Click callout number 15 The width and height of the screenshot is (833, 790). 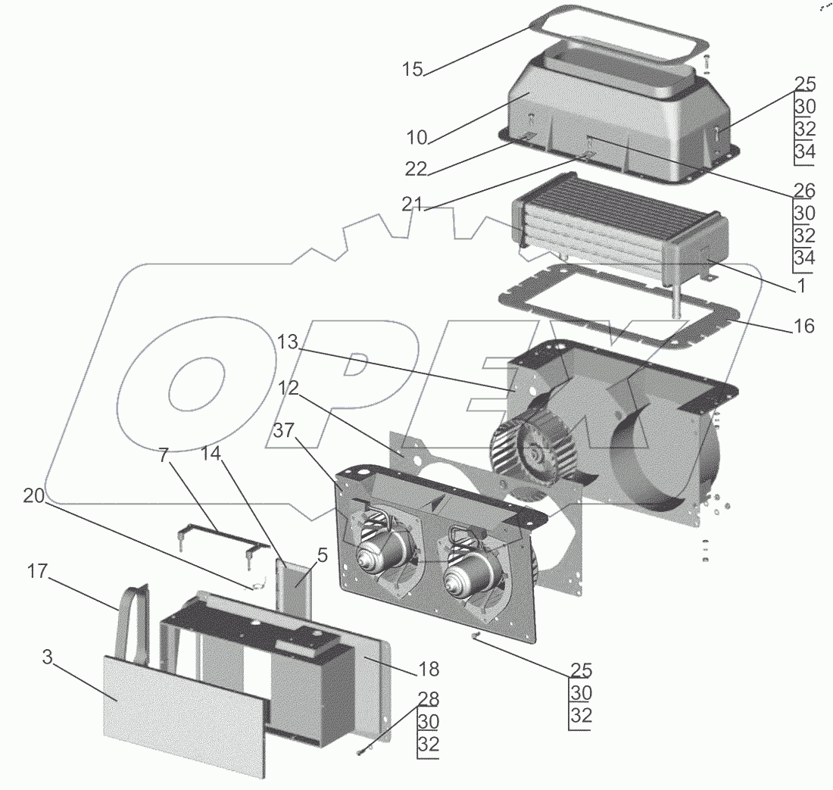pyautogui.click(x=413, y=70)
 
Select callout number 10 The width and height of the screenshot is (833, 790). pyautogui.click(x=417, y=137)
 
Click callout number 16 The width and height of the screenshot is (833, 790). pyautogui.click(x=803, y=326)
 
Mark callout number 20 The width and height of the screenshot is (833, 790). pyautogui.click(x=35, y=495)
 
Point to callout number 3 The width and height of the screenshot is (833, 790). pyautogui.click(x=47, y=657)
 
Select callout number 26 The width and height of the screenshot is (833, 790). pyautogui.click(x=803, y=188)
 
